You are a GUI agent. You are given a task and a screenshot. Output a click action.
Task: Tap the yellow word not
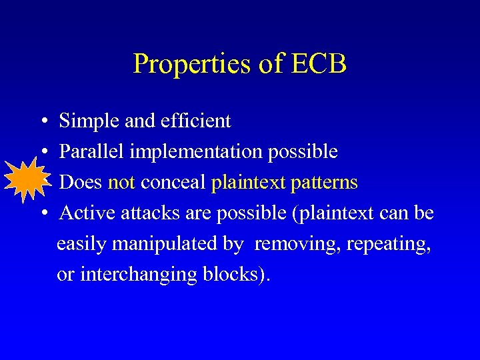pyautogui.click(x=121, y=183)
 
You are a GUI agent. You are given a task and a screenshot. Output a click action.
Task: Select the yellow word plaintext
pyautogui.click(x=248, y=183)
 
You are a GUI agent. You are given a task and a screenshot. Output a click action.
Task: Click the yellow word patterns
pyautogui.click(x=324, y=183)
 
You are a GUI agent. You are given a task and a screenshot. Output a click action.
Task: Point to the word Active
pyautogui.click(x=82, y=213)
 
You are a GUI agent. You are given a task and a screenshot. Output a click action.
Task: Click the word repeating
pyautogui.click(x=389, y=244)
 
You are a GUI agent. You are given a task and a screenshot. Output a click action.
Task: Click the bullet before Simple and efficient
pyautogui.click(x=42, y=122)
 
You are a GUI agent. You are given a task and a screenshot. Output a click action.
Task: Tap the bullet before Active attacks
pyautogui.click(x=42, y=214)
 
